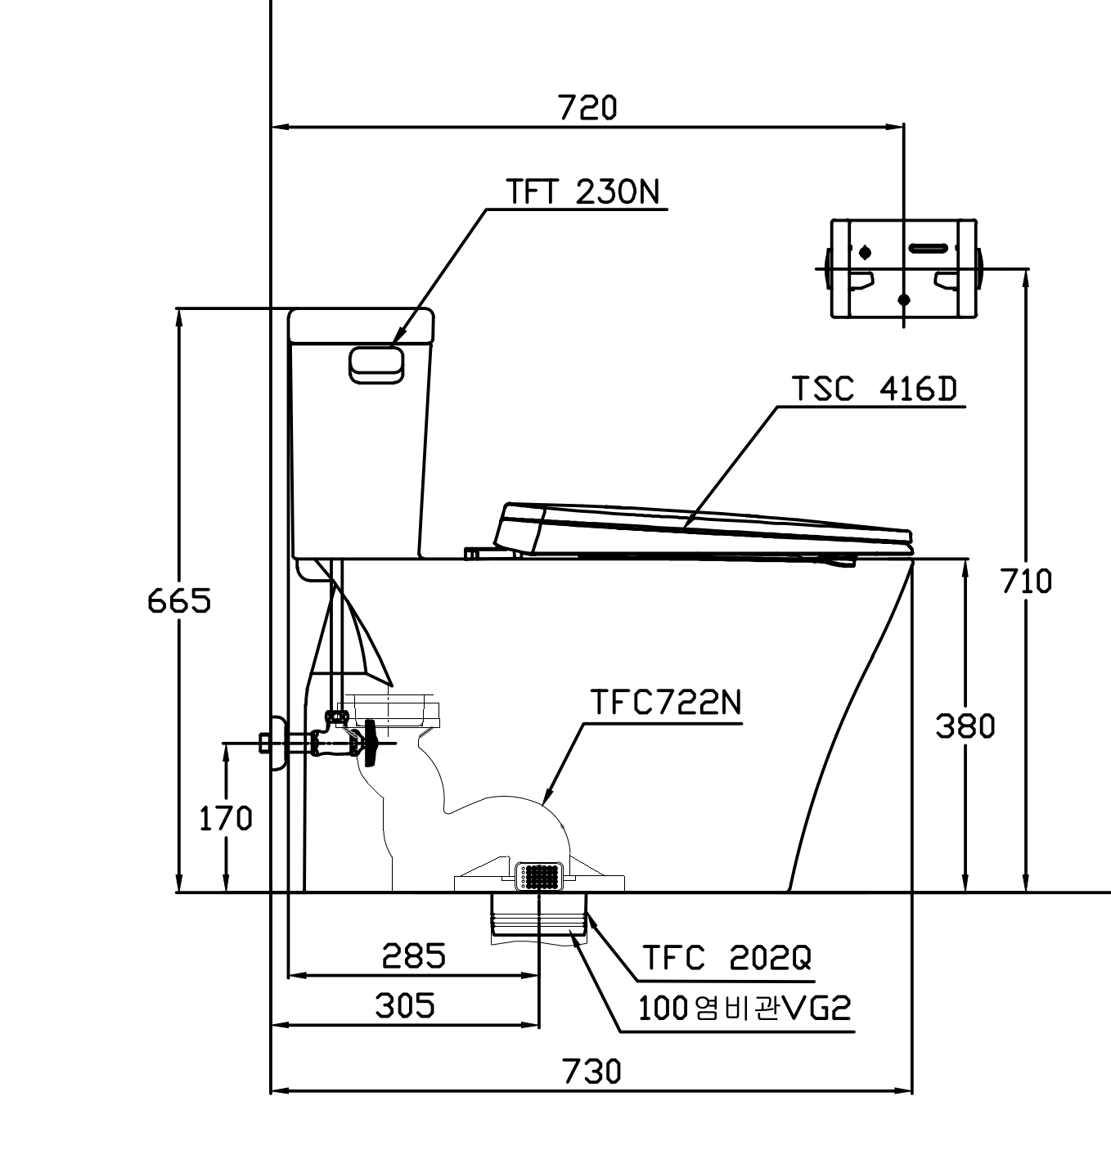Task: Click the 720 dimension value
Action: coord(587,107)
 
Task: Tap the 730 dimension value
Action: coord(591,1072)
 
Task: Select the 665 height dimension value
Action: coord(179,601)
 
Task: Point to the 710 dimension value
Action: coord(1026,581)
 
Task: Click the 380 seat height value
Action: coord(965,726)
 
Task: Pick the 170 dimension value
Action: coord(226,819)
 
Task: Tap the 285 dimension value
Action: coord(414,956)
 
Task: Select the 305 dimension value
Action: coord(405,1005)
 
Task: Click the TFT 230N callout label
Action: coord(582,191)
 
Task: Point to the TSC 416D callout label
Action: coord(875,389)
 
